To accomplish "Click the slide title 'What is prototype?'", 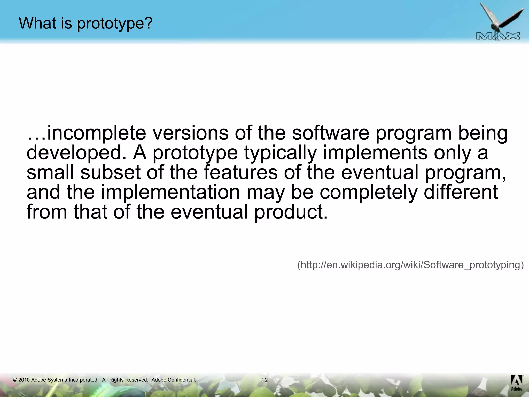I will [86, 23].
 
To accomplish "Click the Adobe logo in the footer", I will [517, 383].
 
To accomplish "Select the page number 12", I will [264, 380].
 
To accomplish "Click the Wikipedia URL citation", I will [410, 265].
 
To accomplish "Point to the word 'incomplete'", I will [96, 133].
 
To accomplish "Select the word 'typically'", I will [281, 153].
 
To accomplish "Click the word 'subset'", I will [110, 172].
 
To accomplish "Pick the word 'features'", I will [241, 172].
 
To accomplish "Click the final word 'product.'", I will [291, 212].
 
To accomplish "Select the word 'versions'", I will [191, 133].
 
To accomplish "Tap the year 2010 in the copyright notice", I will [24, 380].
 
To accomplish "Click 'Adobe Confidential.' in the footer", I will [174, 380].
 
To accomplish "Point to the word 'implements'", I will [375, 153].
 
